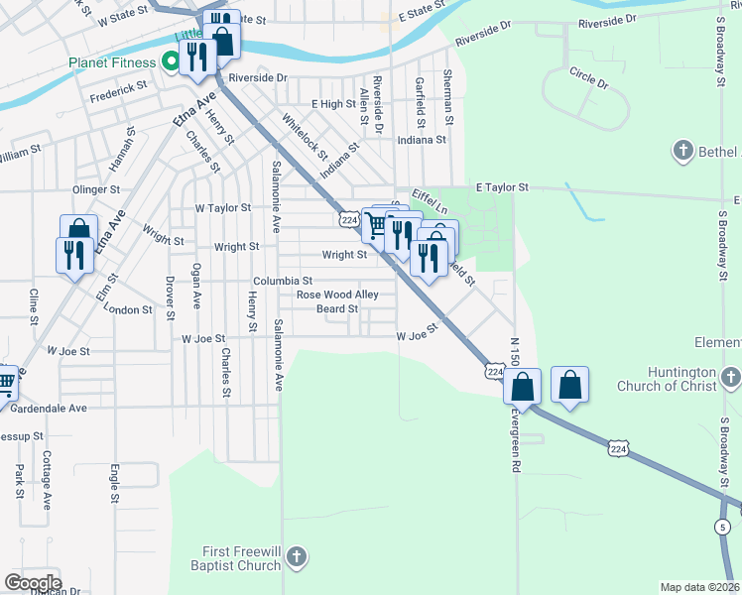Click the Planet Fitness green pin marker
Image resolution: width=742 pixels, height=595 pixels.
(170, 62)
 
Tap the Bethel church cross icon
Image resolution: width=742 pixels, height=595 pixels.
(682, 152)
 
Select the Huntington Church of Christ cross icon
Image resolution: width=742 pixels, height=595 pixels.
(731, 378)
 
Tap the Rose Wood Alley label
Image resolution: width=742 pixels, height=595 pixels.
(337, 295)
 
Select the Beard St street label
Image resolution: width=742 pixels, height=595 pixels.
(337, 309)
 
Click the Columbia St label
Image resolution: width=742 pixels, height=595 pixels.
(282, 281)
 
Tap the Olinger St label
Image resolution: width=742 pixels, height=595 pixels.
(96, 188)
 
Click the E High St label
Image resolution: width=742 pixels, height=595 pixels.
(333, 103)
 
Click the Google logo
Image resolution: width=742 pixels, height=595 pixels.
(33, 583)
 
